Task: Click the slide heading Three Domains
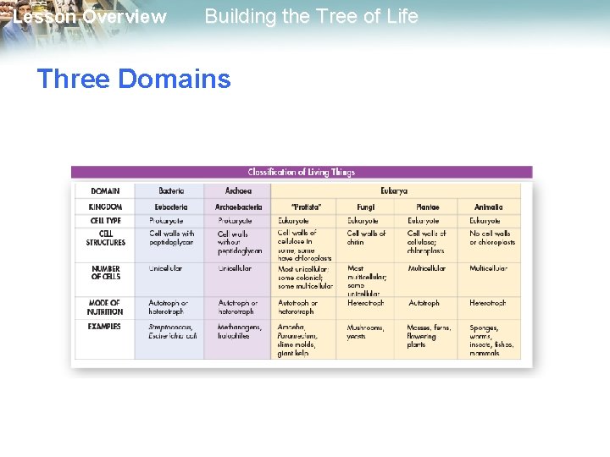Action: (134, 80)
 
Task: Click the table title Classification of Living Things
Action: (301, 172)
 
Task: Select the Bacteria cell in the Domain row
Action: (169, 191)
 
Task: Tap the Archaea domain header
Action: (238, 191)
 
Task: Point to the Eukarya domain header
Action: (394, 191)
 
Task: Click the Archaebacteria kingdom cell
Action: (239, 206)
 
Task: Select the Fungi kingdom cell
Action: (364, 206)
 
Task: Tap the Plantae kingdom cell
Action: (427, 206)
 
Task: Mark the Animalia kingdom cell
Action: (489, 206)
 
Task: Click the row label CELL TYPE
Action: (105, 221)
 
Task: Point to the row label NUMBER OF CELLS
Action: (105, 273)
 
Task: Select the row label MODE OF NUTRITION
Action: (105, 306)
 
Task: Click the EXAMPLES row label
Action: (105, 327)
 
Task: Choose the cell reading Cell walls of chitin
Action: (366, 238)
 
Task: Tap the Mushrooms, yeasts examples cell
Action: (365, 332)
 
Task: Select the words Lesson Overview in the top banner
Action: (90, 17)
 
